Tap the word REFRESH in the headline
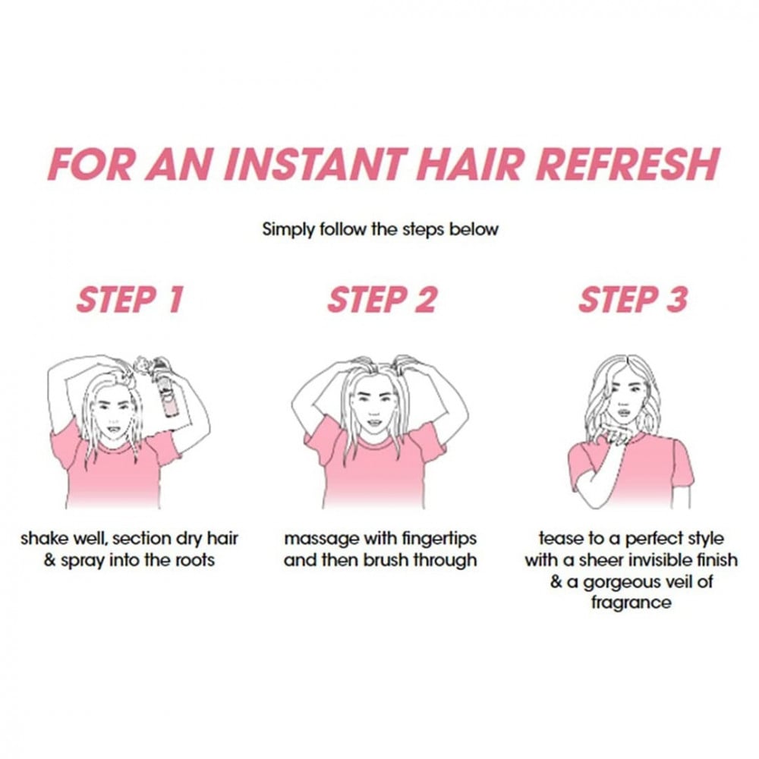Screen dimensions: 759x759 (x=628, y=164)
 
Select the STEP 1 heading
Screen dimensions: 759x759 (x=131, y=300)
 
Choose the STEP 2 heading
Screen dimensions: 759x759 (x=382, y=300)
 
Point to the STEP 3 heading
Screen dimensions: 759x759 (x=633, y=300)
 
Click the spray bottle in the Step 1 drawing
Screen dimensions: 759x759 (x=166, y=387)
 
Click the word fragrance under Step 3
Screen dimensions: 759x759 (x=631, y=603)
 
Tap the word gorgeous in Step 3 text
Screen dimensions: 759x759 (x=622, y=582)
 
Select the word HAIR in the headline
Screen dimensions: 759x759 (x=470, y=164)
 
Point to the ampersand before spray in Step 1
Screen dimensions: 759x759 (x=50, y=561)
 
